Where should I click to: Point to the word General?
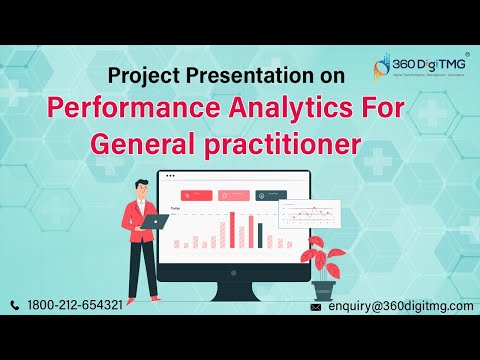point(149,143)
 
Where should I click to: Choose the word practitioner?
point(282,144)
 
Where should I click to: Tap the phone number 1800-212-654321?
point(77,304)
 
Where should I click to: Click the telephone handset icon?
point(15,304)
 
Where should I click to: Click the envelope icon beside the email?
point(316,307)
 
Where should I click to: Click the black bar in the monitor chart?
point(259,234)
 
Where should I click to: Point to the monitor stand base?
point(240,296)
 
